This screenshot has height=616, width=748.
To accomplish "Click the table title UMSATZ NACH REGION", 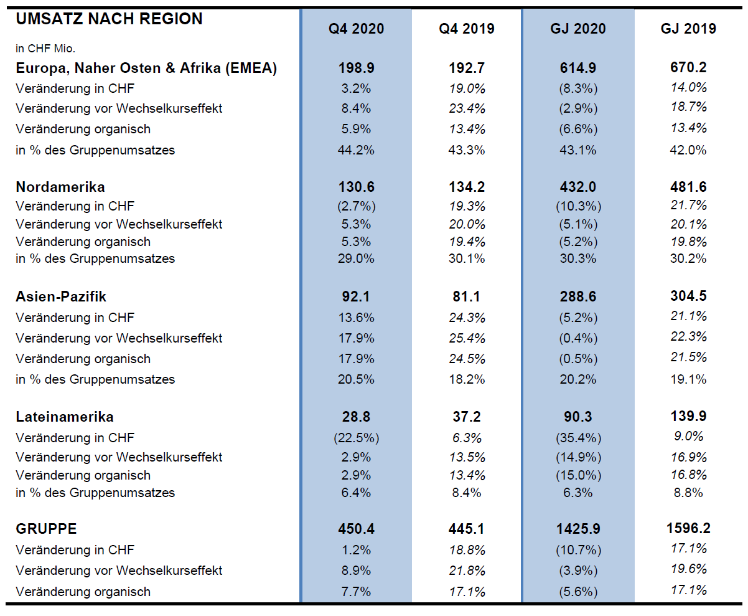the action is click(110, 19).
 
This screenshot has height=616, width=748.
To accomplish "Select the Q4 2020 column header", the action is click(356, 29).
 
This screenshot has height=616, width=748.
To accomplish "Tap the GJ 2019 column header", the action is click(688, 29).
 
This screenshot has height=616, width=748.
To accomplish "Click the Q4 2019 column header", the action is click(466, 29).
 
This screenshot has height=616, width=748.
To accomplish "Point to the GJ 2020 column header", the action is click(577, 29).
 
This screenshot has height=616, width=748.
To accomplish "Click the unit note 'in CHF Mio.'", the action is click(45, 49).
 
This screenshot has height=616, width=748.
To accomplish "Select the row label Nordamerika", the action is click(60, 187).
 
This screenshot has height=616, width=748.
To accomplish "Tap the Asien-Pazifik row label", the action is click(61, 296).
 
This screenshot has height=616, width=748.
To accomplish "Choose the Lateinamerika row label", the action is click(65, 417).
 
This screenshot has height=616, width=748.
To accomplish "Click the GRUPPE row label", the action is click(46, 529).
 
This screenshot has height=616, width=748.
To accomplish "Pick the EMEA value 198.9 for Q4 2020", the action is click(356, 68).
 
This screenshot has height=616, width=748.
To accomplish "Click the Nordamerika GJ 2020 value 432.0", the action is click(577, 187).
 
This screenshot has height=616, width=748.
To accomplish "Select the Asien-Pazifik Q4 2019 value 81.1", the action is click(466, 296).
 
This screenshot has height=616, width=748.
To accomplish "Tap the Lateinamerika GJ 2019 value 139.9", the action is click(688, 416).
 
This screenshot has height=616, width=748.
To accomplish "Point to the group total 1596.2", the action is click(688, 528).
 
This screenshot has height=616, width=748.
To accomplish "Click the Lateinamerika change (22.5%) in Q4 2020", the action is click(356, 438).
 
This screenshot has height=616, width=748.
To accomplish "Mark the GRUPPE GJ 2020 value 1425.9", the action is click(577, 529).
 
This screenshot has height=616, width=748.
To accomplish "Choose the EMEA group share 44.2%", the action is click(356, 150).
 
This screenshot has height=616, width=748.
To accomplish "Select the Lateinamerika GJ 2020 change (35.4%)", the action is click(578, 438).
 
